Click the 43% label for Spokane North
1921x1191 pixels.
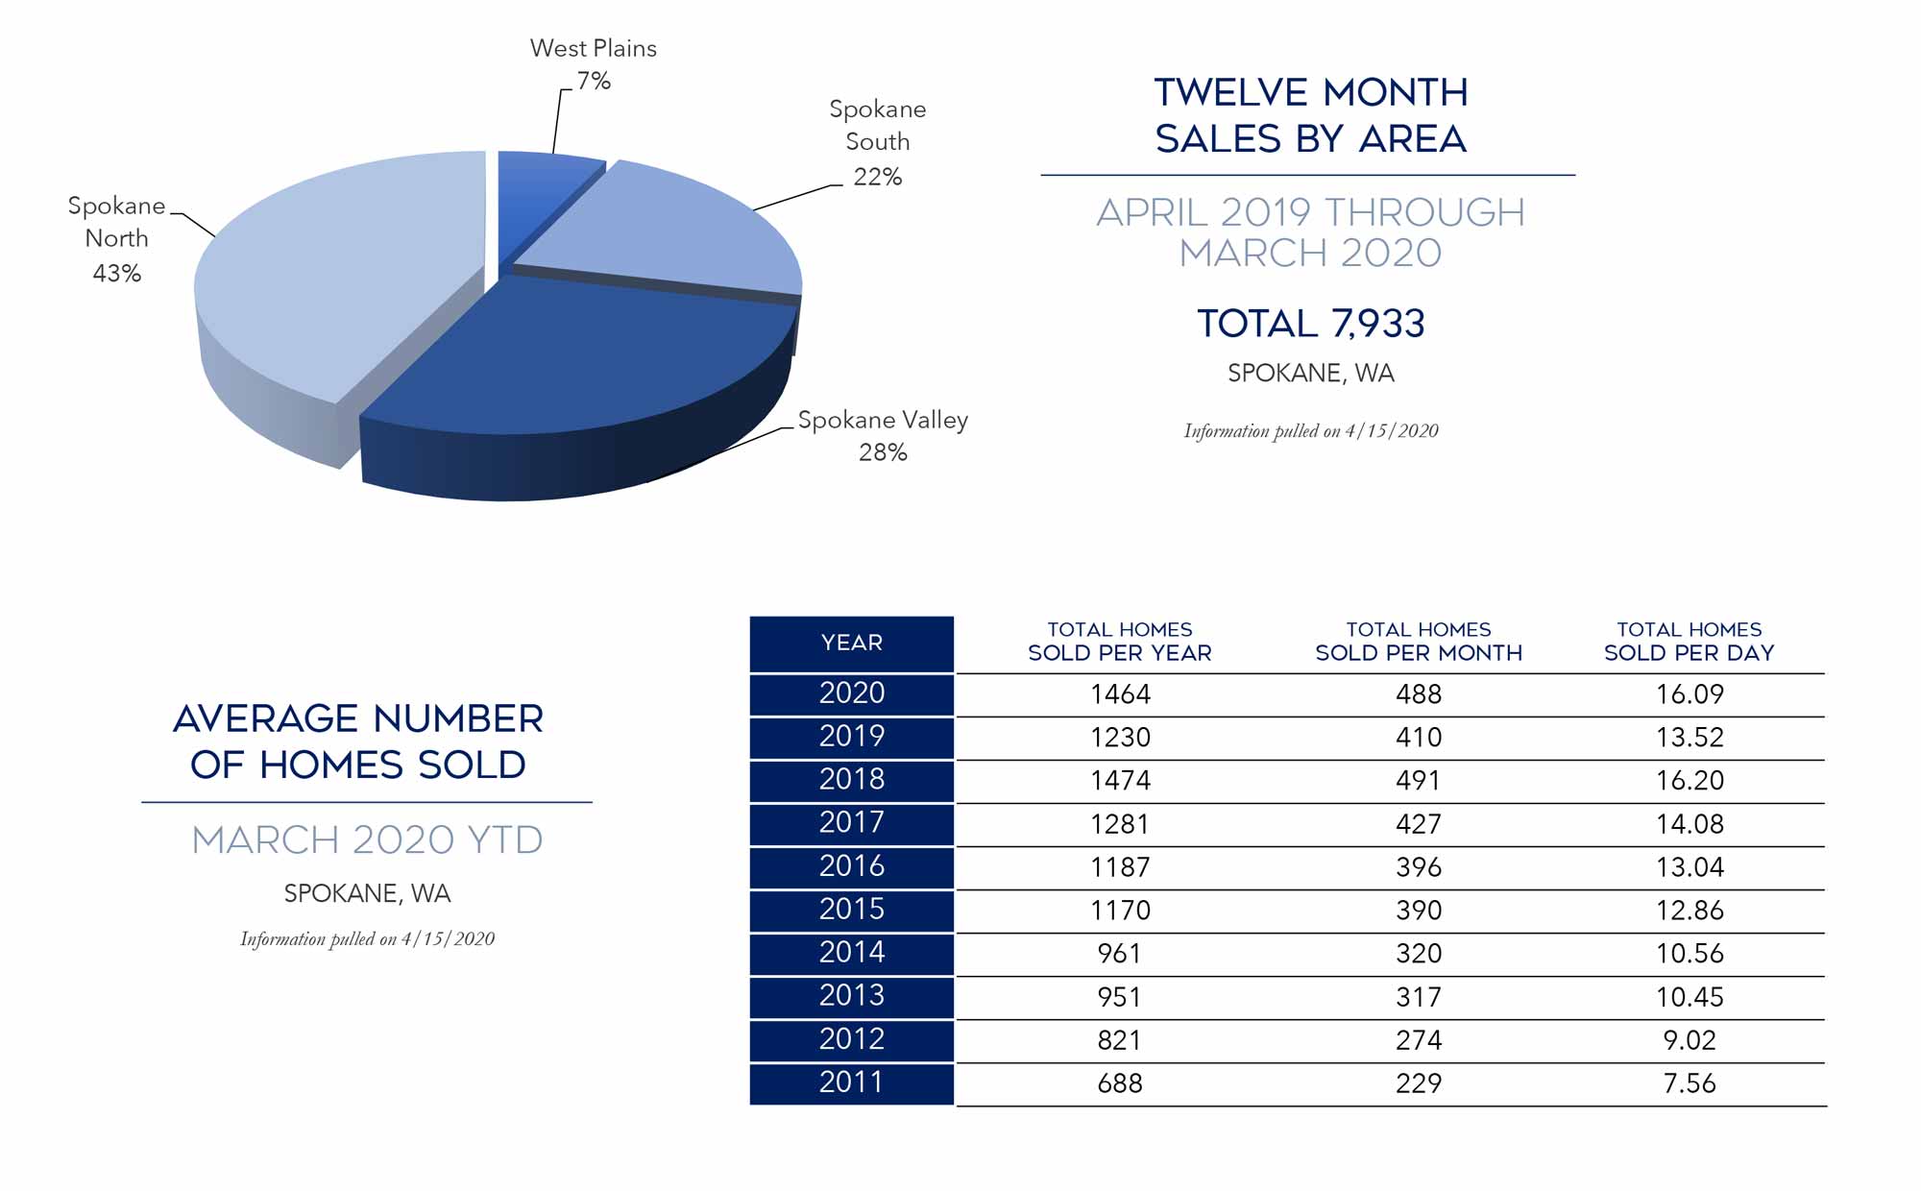(x=117, y=274)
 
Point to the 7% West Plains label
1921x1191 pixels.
(x=594, y=81)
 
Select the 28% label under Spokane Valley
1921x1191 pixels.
(x=883, y=452)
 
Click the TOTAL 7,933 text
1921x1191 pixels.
(x=1310, y=324)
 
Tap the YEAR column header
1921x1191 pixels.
(x=851, y=643)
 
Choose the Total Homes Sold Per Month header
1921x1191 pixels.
(x=1419, y=642)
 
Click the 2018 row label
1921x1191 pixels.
(x=851, y=779)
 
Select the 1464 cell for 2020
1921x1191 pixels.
(x=1120, y=693)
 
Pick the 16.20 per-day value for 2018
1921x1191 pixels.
(x=1690, y=780)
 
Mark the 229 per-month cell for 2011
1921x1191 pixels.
(x=1419, y=1083)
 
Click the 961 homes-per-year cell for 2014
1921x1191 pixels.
(x=1120, y=954)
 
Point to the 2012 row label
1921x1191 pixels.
(x=851, y=1039)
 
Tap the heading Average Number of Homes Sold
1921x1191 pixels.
(x=358, y=741)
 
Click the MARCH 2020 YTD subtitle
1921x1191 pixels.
(x=367, y=840)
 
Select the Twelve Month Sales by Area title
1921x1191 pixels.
(x=1310, y=115)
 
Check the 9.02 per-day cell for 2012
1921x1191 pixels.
(x=1690, y=1040)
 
